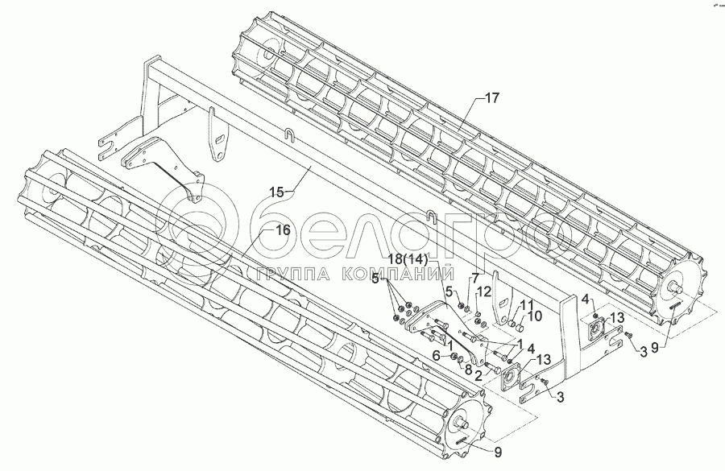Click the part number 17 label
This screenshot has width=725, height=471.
click(x=492, y=97)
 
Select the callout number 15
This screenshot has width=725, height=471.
click(x=277, y=192)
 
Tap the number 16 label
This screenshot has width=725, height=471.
click(x=282, y=230)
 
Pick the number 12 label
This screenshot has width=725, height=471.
click(x=484, y=291)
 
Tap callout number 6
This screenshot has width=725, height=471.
click(x=437, y=355)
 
